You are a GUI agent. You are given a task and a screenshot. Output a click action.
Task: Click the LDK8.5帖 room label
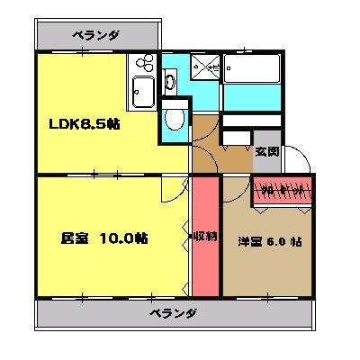point(84,124)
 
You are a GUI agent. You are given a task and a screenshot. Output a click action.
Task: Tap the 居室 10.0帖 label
point(104,238)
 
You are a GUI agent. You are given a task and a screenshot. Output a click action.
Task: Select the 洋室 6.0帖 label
point(270,241)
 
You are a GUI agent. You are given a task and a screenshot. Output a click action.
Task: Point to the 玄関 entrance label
point(266,151)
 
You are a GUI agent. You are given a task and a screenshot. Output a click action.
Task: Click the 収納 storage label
point(205,238)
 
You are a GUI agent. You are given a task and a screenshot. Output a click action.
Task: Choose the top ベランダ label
point(95,36)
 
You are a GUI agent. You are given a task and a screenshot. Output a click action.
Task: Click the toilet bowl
point(175,120)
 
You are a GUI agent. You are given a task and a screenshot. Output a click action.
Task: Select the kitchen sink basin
point(144,92)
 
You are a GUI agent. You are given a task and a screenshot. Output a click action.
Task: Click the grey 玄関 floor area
point(266,162)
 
